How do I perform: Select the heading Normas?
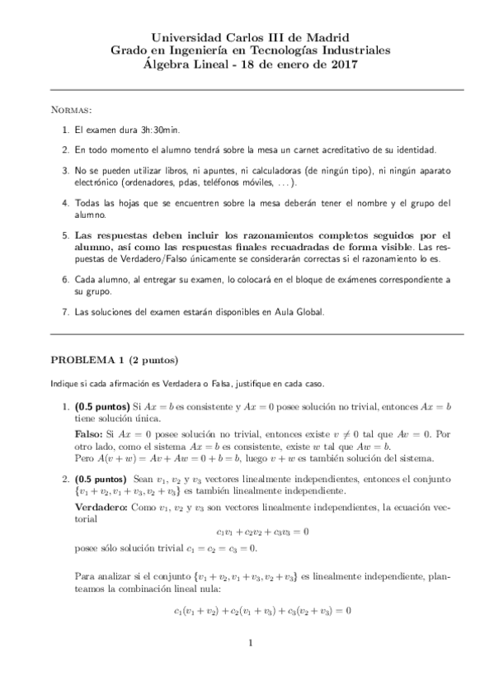pos(72,109)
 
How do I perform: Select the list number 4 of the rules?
pos(65,202)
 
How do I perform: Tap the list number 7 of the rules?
pos(65,313)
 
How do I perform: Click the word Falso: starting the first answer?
pos(90,433)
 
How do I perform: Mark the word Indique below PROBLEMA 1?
pos(65,383)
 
